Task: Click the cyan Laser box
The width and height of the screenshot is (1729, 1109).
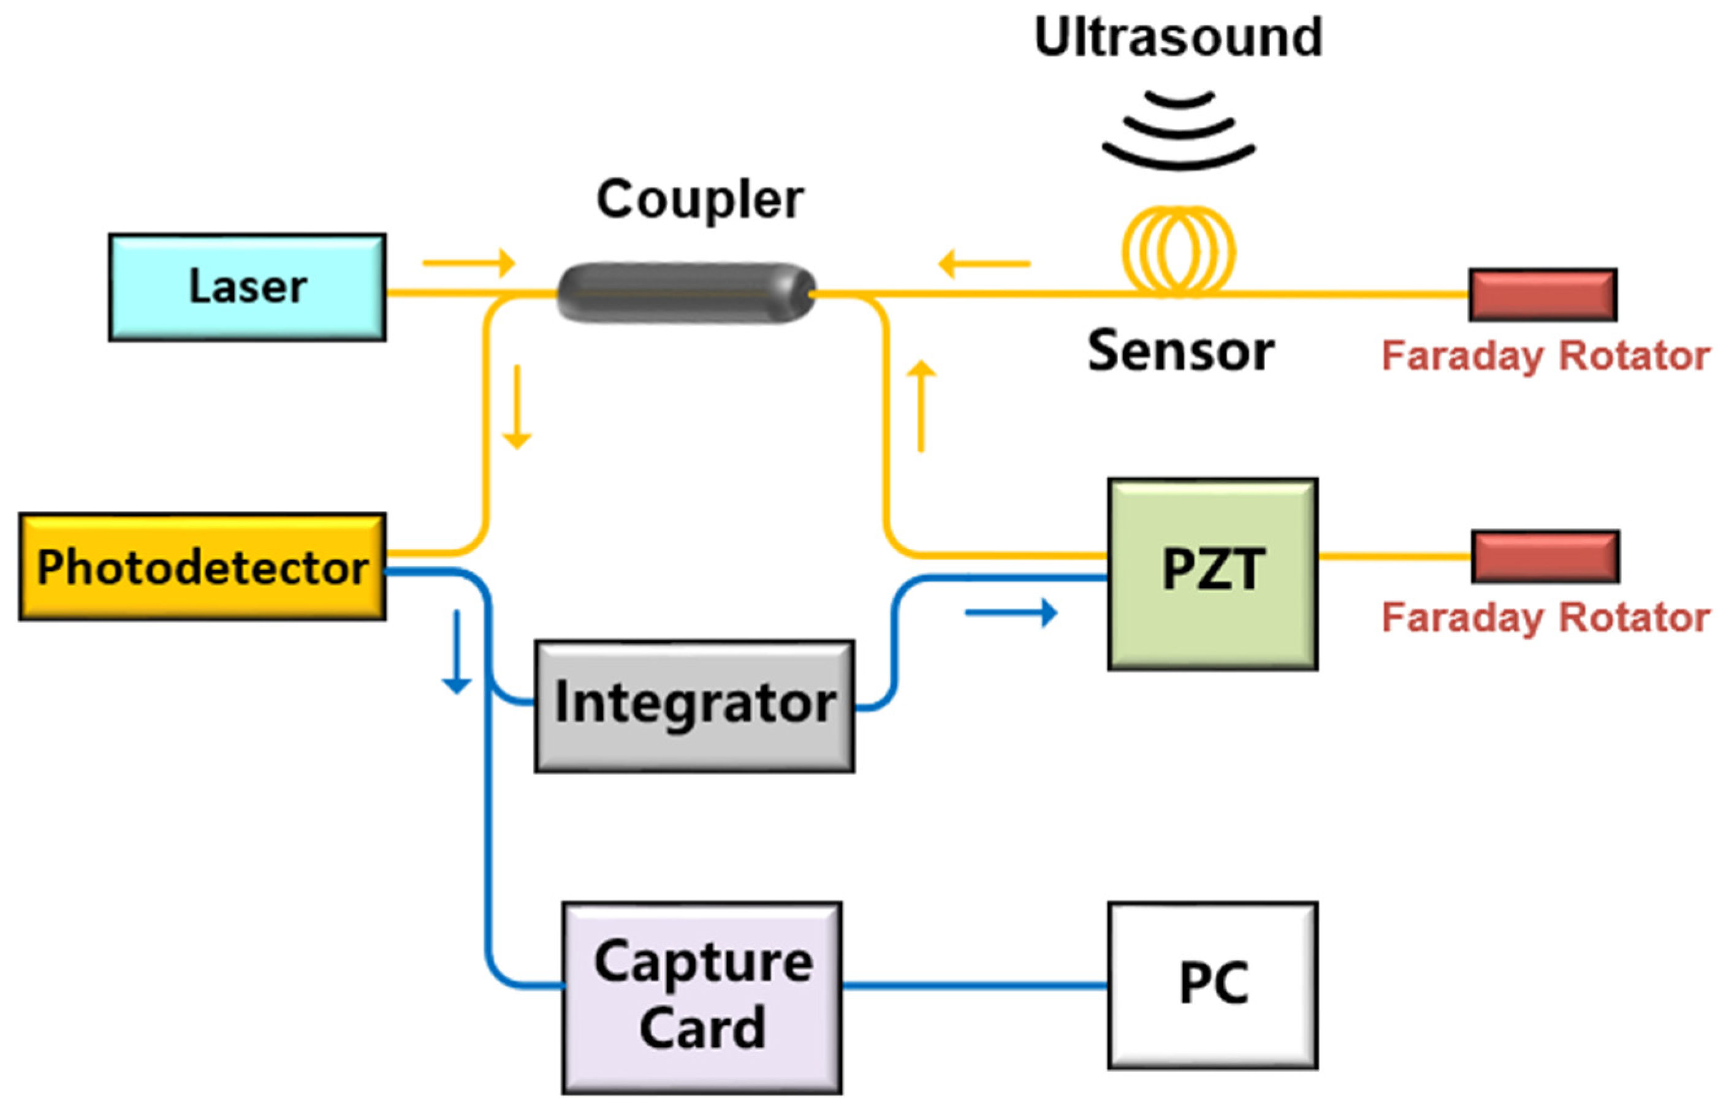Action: tap(247, 287)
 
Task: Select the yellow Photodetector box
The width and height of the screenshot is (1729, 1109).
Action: tap(202, 567)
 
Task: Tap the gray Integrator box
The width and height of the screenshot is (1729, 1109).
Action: tap(694, 706)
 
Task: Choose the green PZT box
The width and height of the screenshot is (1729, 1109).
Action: tap(1212, 574)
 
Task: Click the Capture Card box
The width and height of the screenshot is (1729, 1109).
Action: tap(702, 997)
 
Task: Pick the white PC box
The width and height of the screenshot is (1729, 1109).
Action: tap(1212, 985)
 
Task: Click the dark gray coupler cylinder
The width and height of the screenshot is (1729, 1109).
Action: tap(686, 293)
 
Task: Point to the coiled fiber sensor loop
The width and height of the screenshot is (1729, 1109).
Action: tap(1179, 251)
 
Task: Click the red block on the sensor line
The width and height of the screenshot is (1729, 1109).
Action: tap(1543, 295)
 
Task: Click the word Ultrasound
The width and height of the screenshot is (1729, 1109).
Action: tap(1178, 37)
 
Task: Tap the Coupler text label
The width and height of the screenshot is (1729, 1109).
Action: tap(699, 200)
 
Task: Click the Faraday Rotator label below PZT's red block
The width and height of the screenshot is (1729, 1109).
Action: tap(1545, 618)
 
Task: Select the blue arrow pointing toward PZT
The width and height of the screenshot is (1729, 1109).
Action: tap(1010, 613)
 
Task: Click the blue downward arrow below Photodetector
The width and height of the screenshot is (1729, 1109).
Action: tap(456, 652)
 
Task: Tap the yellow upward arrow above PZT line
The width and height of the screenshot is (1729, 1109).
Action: tap(921, 407)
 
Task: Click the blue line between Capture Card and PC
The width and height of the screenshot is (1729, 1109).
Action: tap(974, 985)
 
